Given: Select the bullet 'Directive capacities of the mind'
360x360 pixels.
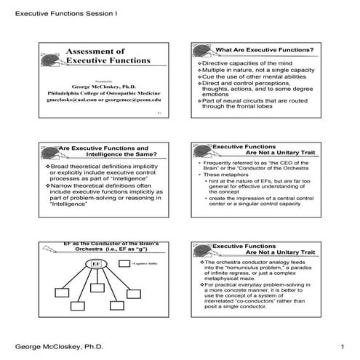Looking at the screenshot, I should click(247, 63).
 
